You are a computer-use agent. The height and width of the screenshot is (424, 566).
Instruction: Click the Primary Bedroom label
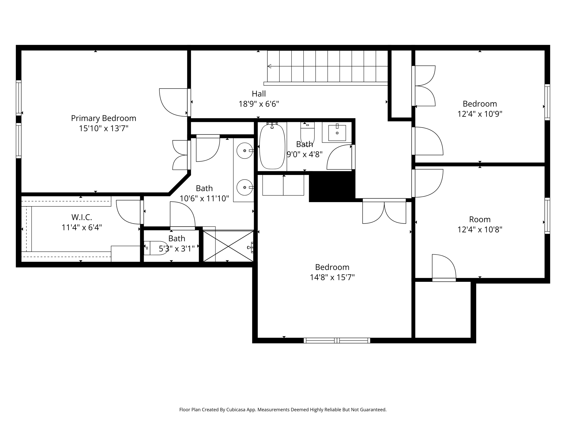pyautogui.click(x=104, y=118)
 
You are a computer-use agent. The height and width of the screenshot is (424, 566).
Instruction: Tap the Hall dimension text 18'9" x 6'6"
pyautogui.click(x=259, y=104)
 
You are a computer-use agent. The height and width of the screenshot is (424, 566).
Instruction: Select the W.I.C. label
pyautogui.click(x=82, y=217)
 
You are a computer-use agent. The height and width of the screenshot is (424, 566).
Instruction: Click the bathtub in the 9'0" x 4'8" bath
pyautogui.click(x=272, y=146)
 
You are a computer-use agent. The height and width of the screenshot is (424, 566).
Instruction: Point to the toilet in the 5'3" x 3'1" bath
pyautogui.click(x=156, y=248)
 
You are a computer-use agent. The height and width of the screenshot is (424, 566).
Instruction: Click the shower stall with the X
pyautogui.click(x=228, y=246)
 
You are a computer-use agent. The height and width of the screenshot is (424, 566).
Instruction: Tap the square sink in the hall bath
pyautogui.click(x=337, y=133)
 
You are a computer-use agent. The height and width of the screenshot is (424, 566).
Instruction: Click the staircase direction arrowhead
pyautogui.click(x=269, y=66)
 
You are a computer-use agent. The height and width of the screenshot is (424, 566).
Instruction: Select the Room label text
pyautogui.click(x=480, y=219)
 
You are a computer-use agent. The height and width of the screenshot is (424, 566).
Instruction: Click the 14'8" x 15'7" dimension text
pyautogui.click(x=332, y=277)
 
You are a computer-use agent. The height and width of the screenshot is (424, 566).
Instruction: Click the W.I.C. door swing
pyautogui.click(x=128, y=212)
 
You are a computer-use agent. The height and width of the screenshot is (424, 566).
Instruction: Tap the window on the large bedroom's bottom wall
pyautogui.click(x=337, y=341)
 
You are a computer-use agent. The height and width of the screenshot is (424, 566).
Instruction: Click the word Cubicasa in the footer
pyautogui.click(x=236, y=410)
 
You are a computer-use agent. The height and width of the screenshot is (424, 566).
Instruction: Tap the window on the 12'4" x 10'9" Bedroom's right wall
pyautogui.click(x=547, y=102)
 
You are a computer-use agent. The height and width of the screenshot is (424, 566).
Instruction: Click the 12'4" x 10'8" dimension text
pyautogui.click(x=480, y=230)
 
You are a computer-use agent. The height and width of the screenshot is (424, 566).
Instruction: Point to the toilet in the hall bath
pyautogui.click(x=307, y=133)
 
